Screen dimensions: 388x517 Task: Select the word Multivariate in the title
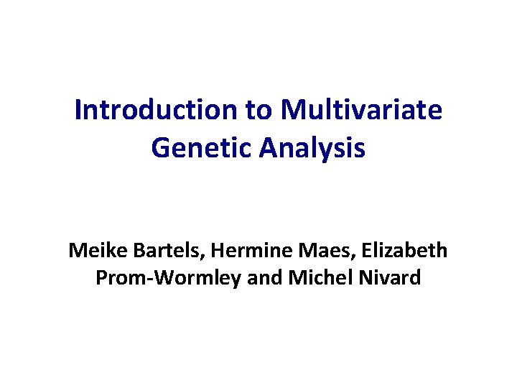pos(362,111)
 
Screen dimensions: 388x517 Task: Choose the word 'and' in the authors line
pos(262,277)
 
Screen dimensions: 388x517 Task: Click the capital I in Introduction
pos(78,111)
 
